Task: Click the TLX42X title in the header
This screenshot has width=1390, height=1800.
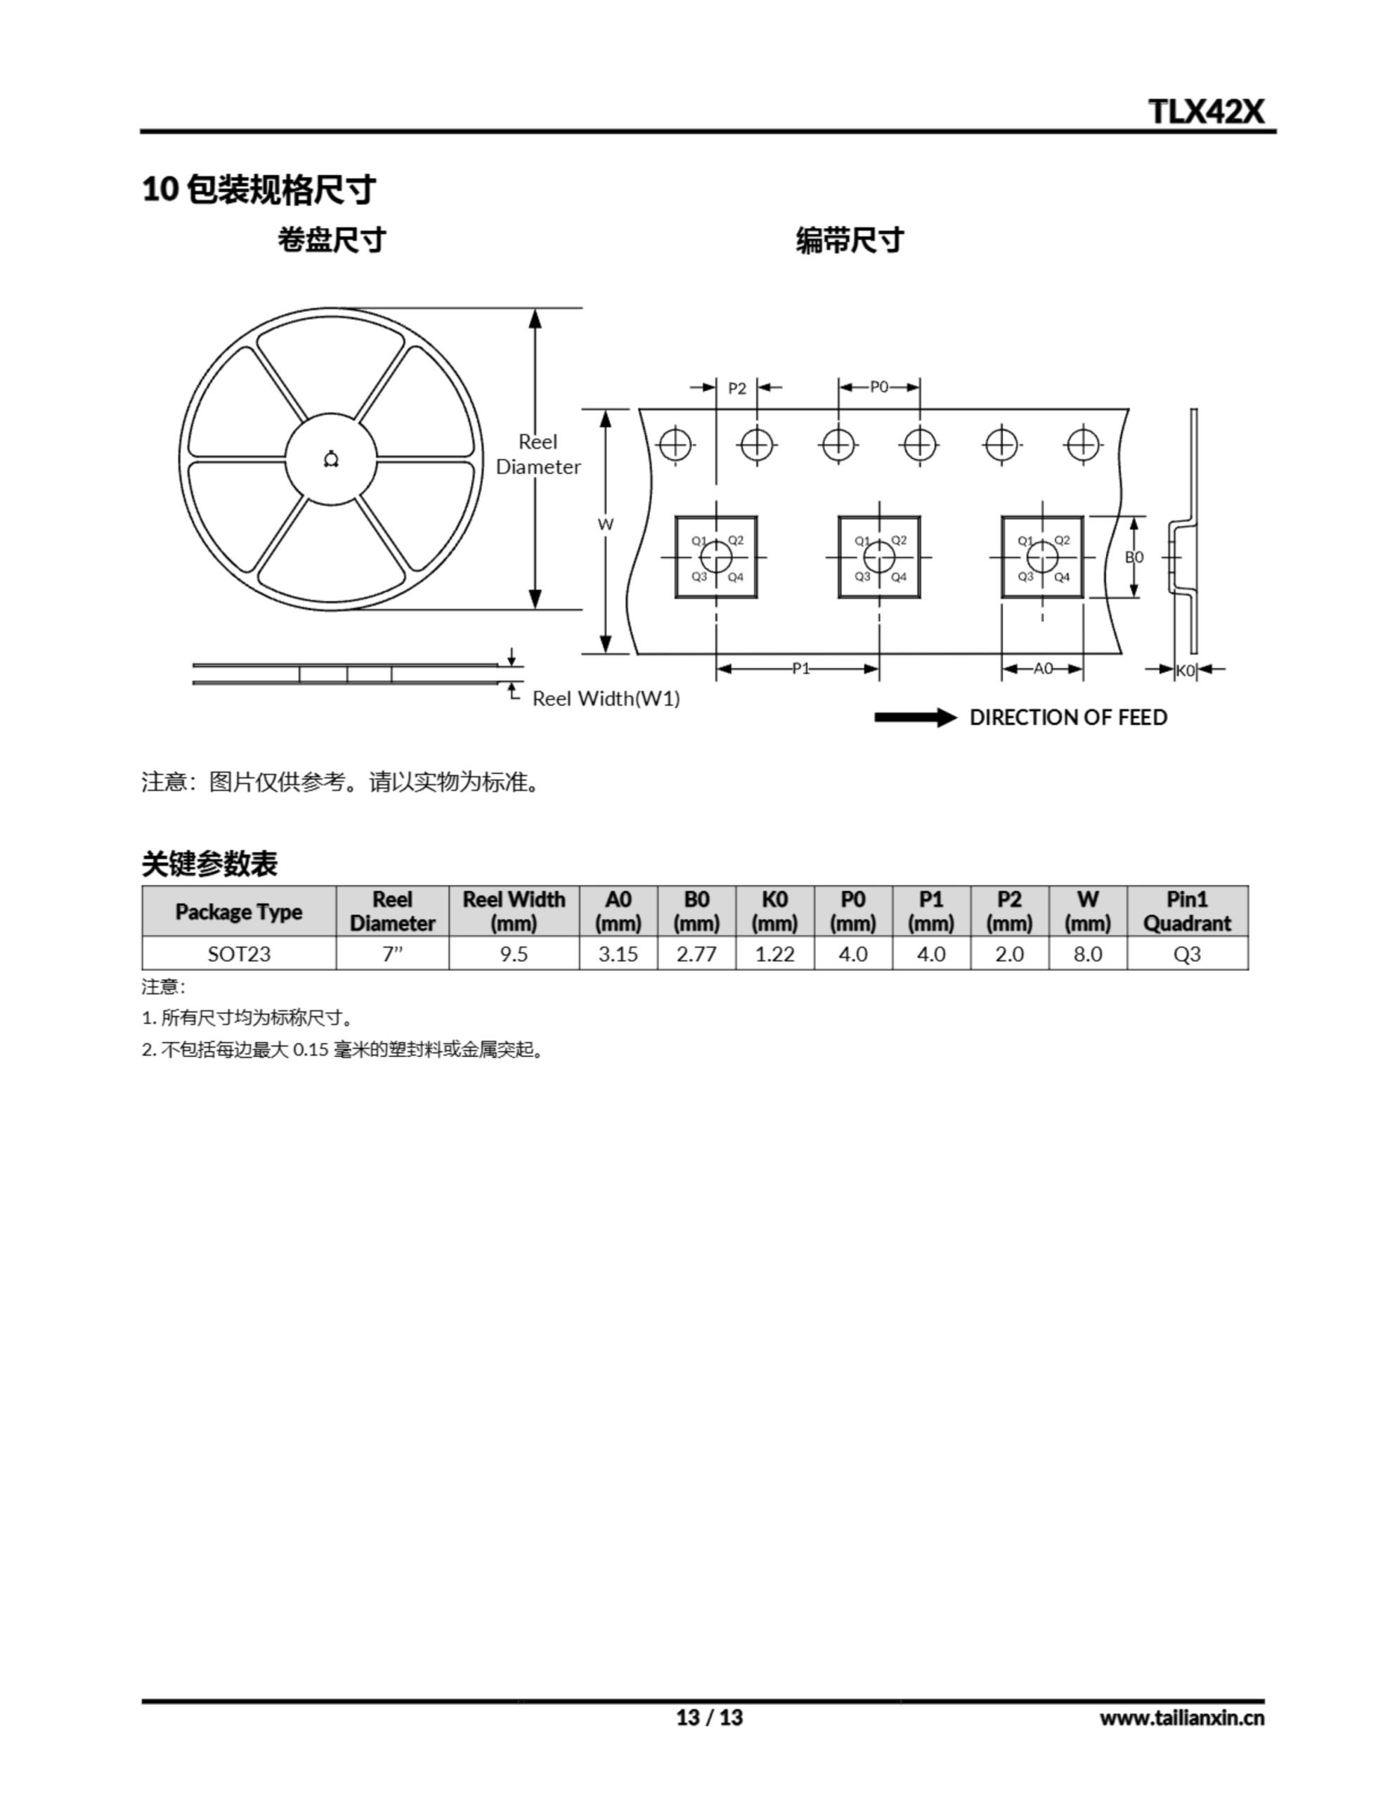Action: tap(1207, 110)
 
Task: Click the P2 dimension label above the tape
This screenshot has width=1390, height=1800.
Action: tap(736, 388)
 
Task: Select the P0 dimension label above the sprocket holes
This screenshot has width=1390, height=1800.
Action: tap(879, 387)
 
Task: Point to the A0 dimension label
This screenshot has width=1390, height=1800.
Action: tap(1043, 669)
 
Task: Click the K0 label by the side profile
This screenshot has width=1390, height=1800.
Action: tap(1185, 670)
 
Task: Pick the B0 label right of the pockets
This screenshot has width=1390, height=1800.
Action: tap(1135, 557)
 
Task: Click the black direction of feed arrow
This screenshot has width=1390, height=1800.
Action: tap(916, 718)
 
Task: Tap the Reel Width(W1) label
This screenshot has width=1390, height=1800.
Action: tap(606, 698)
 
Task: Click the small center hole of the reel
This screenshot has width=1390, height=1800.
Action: tap(331, 459)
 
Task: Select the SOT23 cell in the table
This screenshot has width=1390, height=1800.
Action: tap(239, 953)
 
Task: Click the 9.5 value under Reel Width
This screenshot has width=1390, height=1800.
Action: tap(514, 953)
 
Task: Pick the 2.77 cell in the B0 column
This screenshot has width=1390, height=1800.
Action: tap(696, 953)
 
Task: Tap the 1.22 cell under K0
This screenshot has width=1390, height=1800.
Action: tap(774, 953)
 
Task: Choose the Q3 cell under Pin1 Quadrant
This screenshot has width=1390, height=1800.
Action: tap(1188, 953)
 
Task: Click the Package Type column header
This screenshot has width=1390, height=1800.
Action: tap(239, 911)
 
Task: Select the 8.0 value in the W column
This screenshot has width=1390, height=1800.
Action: tap(1088, 953)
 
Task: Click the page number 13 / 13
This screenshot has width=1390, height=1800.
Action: tap(710, 1717)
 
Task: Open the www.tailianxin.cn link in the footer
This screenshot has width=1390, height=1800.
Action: tap(1181, 1718)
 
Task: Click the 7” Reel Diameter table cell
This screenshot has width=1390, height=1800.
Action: tap(392, 953)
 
